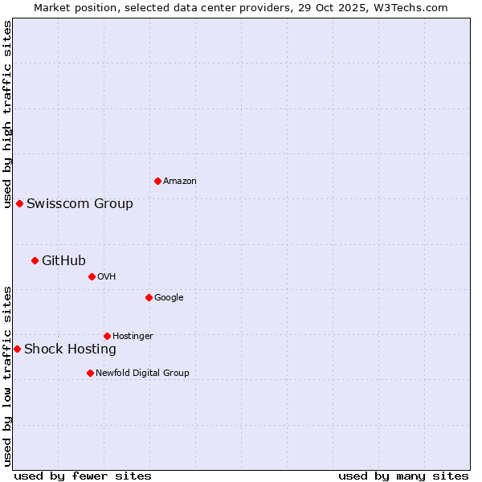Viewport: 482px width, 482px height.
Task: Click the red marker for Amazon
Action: (157, 181)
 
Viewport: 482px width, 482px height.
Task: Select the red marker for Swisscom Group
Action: (19, 203)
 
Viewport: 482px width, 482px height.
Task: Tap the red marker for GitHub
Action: (35, 260)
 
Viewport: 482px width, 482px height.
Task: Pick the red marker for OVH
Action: (92, 276)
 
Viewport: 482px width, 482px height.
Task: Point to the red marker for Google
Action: (149, 297)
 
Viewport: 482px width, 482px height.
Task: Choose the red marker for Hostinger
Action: (107, 336)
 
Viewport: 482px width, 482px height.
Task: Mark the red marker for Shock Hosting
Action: (17, 349)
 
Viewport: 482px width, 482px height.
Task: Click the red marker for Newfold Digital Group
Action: (90, 373)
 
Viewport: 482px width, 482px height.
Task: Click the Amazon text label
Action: (180, 182)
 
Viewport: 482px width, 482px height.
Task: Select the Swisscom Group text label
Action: (80, 204)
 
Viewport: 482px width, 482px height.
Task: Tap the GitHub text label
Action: (63, 260)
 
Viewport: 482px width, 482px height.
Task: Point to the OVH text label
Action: (107, 277)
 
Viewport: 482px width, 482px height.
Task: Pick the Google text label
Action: (169, 298)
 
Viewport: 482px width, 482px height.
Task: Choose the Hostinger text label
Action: (133, 337)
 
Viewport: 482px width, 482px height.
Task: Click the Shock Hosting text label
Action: (70, 349)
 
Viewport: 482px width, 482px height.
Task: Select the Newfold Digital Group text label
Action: (142, 374)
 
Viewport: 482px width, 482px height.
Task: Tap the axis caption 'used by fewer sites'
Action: (83, 476)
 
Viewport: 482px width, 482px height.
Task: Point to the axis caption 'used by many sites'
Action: (403, 476)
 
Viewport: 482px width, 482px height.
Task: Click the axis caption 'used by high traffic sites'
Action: (7, 114)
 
